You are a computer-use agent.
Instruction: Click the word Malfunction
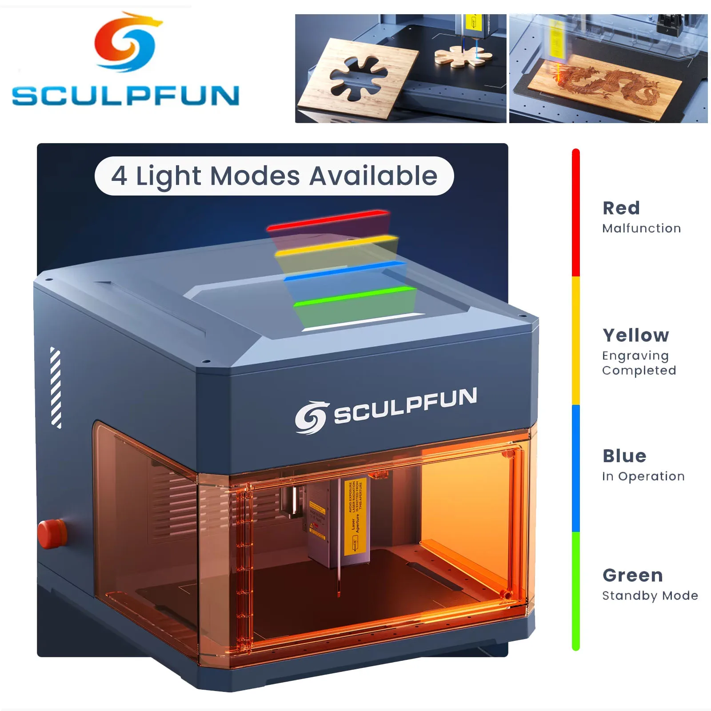click(641, 228)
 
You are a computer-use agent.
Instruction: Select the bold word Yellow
click(635, 336)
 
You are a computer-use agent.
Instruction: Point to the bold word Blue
click(624, 456)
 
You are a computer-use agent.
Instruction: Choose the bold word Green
click(632, 575)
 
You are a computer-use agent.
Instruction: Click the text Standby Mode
click(650, 595)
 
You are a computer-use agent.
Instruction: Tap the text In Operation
click(643, 476)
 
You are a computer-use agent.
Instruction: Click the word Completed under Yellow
click(639, 371)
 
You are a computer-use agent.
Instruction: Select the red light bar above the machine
click(328, 220)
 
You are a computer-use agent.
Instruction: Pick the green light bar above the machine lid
click(355, 296)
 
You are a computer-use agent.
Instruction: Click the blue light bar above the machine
click(344, 271)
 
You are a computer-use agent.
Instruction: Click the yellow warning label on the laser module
click(355, 515)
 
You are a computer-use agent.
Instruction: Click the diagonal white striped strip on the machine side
click(56, 387)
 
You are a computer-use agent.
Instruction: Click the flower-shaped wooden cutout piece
click(463, 56)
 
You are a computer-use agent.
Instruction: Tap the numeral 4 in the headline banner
click(119, 176)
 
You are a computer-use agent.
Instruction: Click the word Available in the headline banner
click(373, 176)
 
